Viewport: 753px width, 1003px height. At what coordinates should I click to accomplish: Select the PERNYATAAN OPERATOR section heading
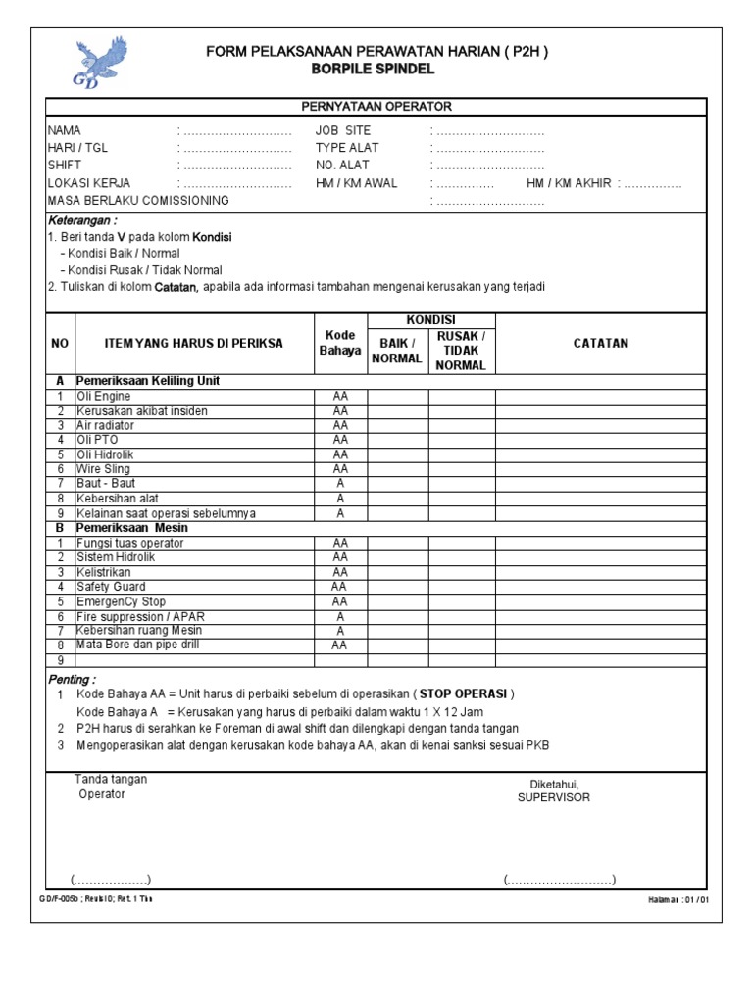pyautogui.click(x=376, y=107)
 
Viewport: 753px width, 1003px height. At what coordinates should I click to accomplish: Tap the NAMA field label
pyautogui.click(x=65, y=130)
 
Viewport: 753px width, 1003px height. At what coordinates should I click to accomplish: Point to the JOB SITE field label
pyautogui.click(x=344, y=130)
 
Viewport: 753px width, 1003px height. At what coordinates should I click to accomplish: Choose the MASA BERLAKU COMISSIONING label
pyautogui.click(x=138, y=201)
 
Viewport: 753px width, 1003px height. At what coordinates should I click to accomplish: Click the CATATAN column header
pyautogui.click(x=600, y=344)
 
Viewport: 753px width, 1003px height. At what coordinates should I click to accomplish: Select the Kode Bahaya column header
pyautogui.click(x=340, y=344)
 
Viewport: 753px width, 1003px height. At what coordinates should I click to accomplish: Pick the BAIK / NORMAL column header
pyautogui.click(x=397, y=351)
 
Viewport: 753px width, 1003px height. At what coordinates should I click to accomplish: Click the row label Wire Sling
pyautogui.click(x=104, y=469)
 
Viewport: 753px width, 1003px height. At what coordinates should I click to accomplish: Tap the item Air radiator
pyautogui.click(x=107, y=425)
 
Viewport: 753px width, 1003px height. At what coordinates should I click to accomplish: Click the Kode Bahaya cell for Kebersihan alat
pyautogui.click(x=340, y=499)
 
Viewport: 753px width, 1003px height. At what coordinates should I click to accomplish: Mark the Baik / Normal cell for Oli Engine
pyautogui.click(x=397, y=397)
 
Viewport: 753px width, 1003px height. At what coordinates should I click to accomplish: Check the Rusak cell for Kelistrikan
pyautogui.click(x=461, y=572)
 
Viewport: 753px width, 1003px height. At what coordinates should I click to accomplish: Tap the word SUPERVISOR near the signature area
pyautogui.click(x=553, y=797)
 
